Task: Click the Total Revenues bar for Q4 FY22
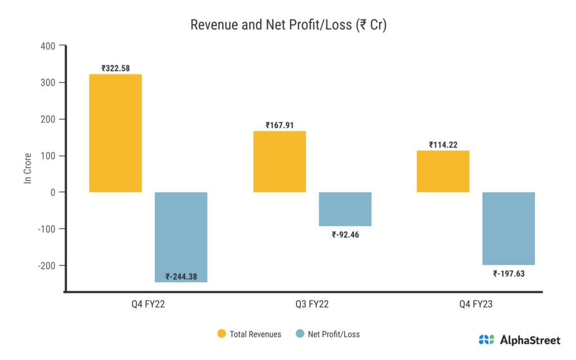pos(115,133)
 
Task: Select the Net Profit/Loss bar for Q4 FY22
pos(181,237)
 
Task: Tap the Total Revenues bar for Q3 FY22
pos(280,161)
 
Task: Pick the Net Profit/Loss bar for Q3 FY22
pos(345,209)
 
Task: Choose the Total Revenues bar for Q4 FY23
pos(443,172)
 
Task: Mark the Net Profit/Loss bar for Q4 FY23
pos(508,228)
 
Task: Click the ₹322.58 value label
pos(116,69)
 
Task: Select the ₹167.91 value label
pos(280,125)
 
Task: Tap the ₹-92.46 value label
pos(345,235)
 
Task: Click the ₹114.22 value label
pos(443,145)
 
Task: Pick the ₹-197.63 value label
pos(509,274)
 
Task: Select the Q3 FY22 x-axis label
pos(312,305)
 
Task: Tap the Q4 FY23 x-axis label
pos(476,305)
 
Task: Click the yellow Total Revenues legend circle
pos(222,334)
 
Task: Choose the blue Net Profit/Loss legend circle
pos(299,334)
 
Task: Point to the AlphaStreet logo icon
pos(487,340)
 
